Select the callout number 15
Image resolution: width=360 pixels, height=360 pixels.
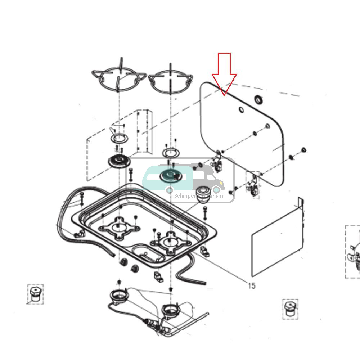click(251, 285)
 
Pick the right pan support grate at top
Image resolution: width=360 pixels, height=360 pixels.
click(170, 82)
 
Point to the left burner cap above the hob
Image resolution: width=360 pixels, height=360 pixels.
click(119, 161)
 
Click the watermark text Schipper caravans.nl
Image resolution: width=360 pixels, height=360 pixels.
click(199, 195)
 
